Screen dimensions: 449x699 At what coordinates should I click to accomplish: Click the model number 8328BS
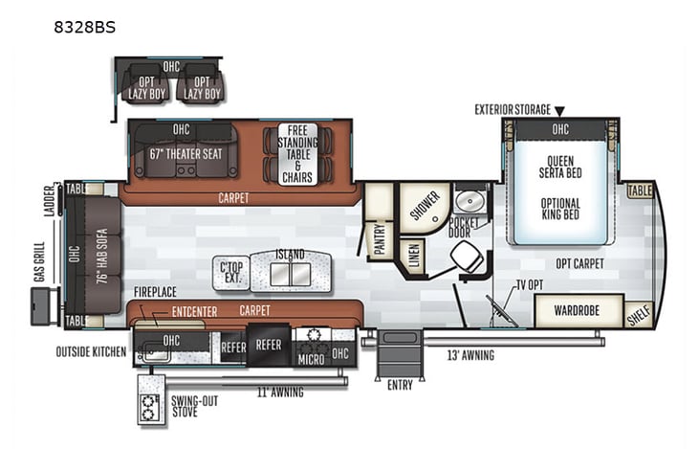point(84,27)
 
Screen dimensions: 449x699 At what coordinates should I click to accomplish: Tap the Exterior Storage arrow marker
point(560,111)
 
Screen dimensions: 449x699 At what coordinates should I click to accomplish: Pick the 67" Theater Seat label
point(186,152)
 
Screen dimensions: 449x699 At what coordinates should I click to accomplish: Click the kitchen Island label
point(290,255)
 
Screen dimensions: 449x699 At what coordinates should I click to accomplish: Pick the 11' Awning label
point(279,393)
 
